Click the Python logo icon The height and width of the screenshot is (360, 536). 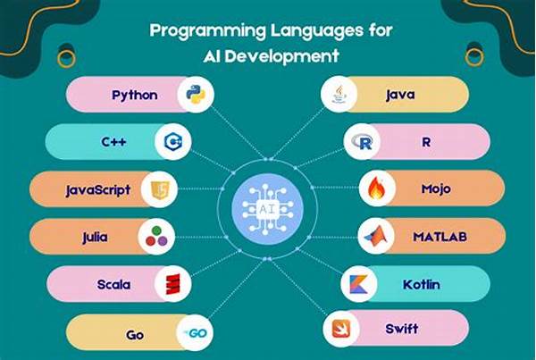click(196, 95)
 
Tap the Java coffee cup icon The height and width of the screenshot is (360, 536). click(339, 95)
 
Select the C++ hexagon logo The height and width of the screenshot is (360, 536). click(173, 141)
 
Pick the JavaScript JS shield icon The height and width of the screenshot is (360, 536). click(160, 189)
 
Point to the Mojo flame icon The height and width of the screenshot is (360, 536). click(376, 188)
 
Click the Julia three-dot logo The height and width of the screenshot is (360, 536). click(156, 236)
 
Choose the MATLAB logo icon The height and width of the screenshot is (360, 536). click(376, 236)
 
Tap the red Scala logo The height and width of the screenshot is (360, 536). click(173, 284)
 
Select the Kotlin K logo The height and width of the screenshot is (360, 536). click(358, 284)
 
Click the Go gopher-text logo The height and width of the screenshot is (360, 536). click(196, 333)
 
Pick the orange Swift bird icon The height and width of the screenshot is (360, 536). click(341, 329)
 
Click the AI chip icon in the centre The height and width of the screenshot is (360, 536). click(267, 209)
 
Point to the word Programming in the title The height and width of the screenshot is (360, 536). click(207, 31)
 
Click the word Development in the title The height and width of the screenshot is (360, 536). click(281, 56)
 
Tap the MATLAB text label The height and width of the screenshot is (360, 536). click(440, 237)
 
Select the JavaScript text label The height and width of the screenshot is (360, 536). click(98, 190)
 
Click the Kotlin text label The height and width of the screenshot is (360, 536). click(421, 284)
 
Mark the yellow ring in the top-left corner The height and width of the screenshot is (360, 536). click(66, 58)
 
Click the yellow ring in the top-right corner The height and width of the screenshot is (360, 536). click(474, 57)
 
